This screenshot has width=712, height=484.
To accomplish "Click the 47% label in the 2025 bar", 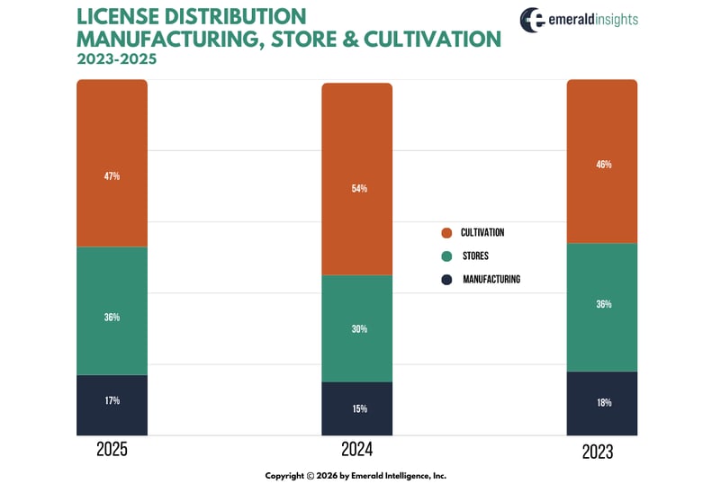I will click(x=112, y=176).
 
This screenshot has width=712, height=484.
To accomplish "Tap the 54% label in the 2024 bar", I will click(x=357, y=189).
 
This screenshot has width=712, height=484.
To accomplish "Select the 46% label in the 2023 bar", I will click(x=602, y=165).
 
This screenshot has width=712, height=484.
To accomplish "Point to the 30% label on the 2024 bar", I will click(x=357, y=329).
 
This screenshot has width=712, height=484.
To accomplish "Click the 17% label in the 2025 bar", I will click(x=112, y=400).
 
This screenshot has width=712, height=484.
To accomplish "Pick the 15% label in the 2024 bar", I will click(x=357, y=408).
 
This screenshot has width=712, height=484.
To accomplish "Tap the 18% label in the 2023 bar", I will click(x=602, y=402).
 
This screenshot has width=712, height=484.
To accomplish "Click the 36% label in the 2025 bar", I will click(x=112, y=318).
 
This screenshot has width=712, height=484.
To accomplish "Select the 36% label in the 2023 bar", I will click(x=602, y=304).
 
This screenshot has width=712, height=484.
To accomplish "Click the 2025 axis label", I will click(x=112, y=450).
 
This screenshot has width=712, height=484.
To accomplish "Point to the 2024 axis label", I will click(x=357, y=450).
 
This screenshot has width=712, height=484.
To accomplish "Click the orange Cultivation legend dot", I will click(x=446, y=233).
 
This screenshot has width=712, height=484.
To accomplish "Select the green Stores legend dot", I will click(x=446, y=256).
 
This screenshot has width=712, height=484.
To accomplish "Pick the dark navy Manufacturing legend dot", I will click(x=446, y=280).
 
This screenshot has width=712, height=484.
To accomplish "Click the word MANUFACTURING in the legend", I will click(x=491, y=280).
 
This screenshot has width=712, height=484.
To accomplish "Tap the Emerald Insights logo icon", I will click(x=532, y=20).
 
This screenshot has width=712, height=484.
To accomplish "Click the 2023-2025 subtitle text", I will click(x=115, y=60).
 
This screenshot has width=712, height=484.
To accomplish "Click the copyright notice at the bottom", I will click(x=356, y=475).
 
